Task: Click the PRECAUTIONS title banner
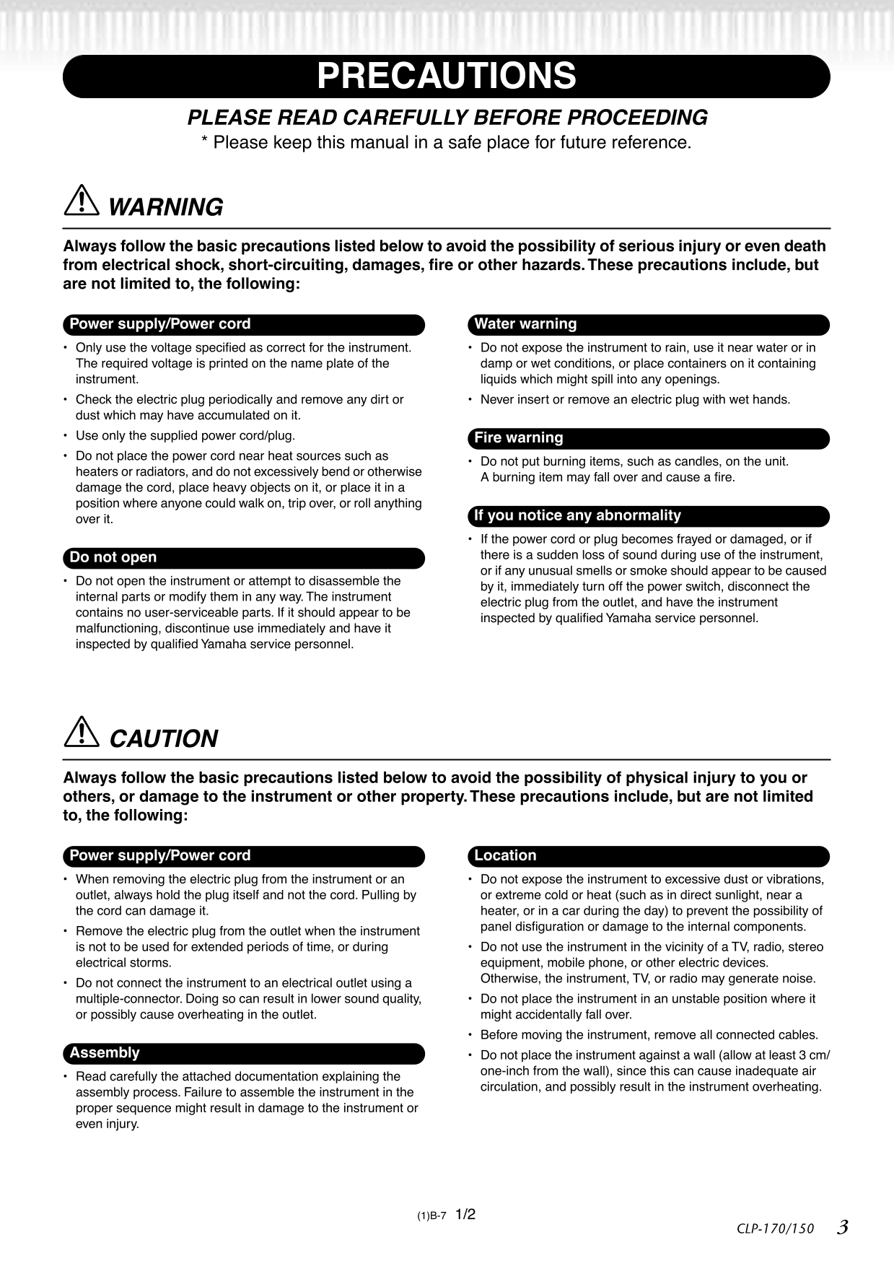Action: (446, 77)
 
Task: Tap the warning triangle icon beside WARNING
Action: (81, 201)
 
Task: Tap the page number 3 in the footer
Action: (842, 1227)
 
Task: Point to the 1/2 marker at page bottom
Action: (465, 1215)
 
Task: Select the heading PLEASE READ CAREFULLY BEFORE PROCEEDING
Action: (447, 118)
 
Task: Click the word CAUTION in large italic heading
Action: (164, 739)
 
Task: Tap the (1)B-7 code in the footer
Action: (431, 1216)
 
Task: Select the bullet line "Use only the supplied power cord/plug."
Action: (185, 436)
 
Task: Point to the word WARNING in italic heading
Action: (165, 208)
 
